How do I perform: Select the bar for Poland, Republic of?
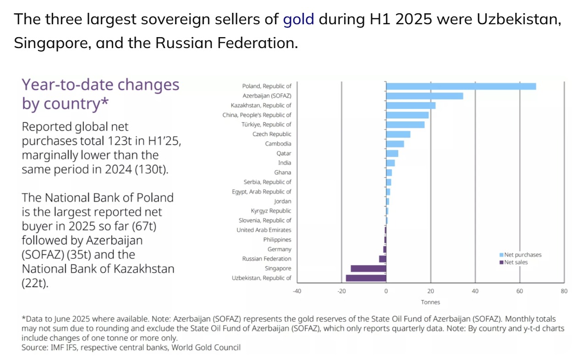(x=461, y=86)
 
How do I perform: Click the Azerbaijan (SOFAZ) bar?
(x=424, y=96)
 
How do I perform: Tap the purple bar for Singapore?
(x=368, y=268)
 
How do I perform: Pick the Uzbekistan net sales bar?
(x=366, y=278)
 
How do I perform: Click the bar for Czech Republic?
(x=398, y=134)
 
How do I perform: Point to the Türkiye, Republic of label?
(x=266, y=125)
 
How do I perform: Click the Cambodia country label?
(x=278, y=144)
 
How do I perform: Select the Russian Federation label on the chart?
(x=266, y=259)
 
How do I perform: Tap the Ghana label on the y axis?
(x=282, y=173)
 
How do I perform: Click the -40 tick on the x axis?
(x=297, y=291)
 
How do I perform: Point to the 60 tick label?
(x=520, y=291)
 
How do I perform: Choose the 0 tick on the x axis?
(x=386, y=291)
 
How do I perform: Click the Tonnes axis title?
(x=430, y=302)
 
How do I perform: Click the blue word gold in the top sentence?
(x=298, y=19)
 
